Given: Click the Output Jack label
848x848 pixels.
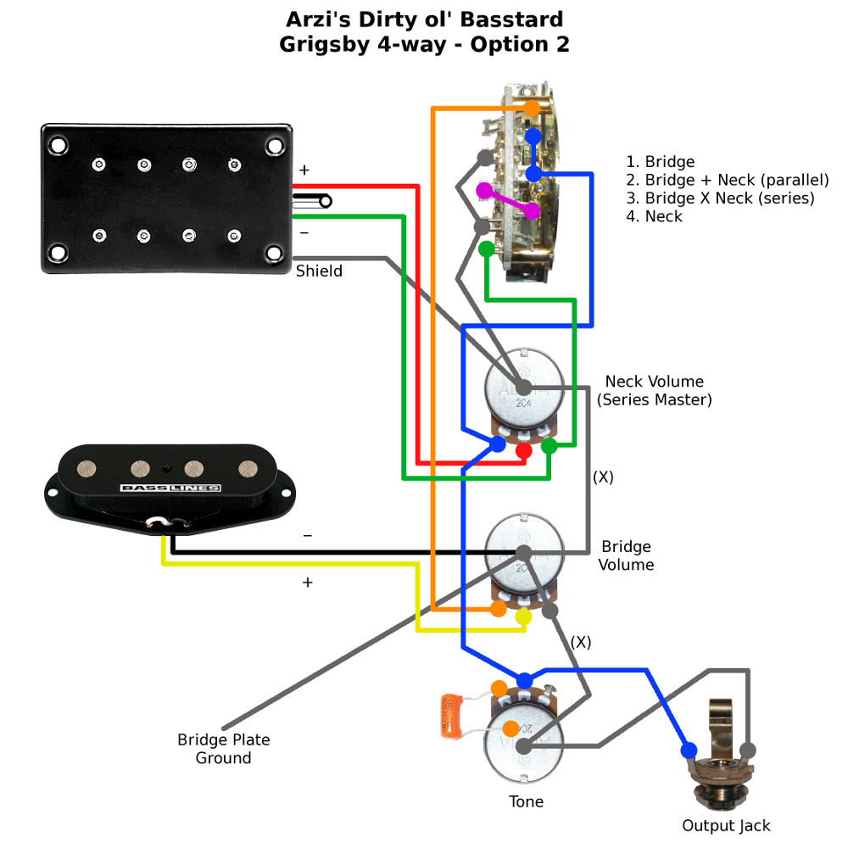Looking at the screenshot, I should (x=726, y=825).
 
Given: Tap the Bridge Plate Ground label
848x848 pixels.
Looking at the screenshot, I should (x=224, y=749).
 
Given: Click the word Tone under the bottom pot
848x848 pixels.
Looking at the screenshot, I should (x=526, y=801).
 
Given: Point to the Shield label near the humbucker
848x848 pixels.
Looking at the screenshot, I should (x=319, y=271).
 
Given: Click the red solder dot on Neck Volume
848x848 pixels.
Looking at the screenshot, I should (x=524, y=449).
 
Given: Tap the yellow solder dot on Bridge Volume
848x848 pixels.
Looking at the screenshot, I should (x=523, y=616).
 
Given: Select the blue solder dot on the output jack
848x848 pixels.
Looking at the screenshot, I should (x=688, y=750).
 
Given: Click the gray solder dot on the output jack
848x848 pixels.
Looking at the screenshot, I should (x=747, y=750).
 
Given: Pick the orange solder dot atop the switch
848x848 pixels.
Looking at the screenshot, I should (x=532, y=109).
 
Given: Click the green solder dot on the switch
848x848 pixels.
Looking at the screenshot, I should (x=486, y=248).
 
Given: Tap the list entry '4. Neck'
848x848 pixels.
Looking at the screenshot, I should (x=654, y=216).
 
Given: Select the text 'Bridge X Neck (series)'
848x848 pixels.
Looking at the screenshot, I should (x=729, y=198).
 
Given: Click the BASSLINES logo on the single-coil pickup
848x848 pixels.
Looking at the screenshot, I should (x=170, y=488).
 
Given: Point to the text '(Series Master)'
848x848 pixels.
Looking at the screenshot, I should (x=654, y=399).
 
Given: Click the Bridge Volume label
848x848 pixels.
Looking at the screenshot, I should (x=627, y=555).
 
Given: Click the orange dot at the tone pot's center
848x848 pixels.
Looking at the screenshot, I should (x=510, y=728).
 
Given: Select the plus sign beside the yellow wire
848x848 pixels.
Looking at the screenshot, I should (x=307, y=583).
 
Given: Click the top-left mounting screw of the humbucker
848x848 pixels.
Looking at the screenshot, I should (x=58, y=145).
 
